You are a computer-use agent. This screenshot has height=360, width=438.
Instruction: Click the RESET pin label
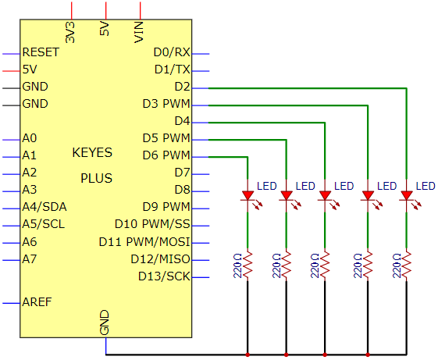pos(41,52)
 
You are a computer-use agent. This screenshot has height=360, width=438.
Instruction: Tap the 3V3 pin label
pos(70,33)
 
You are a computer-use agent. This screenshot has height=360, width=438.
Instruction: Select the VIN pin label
pos(139,32)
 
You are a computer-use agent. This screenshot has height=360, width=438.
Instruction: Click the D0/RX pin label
pos(172,52)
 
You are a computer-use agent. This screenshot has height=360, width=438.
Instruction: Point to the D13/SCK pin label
pos(164,276)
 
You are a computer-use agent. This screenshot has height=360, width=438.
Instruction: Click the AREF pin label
pos(37,302)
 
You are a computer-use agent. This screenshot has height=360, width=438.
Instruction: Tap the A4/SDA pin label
pos(45,207)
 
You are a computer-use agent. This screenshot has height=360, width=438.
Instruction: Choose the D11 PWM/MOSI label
pos(144,242)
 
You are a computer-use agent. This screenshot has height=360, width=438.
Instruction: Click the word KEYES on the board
pos(92,152)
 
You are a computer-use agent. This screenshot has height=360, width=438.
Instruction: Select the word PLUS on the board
pos(96,178)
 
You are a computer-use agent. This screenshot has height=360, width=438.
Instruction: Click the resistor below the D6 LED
pos(247,265)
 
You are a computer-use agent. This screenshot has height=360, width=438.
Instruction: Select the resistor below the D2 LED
pos(407,265)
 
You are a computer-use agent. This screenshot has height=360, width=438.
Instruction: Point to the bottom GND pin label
pos(105,323)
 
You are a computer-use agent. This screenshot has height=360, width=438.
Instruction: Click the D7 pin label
pos(183,173)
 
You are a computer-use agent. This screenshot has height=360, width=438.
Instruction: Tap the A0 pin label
pos(30,138)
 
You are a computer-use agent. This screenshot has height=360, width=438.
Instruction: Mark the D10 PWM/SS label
pos(152,224)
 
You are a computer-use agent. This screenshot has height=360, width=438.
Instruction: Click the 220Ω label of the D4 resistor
pos(315,266)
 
